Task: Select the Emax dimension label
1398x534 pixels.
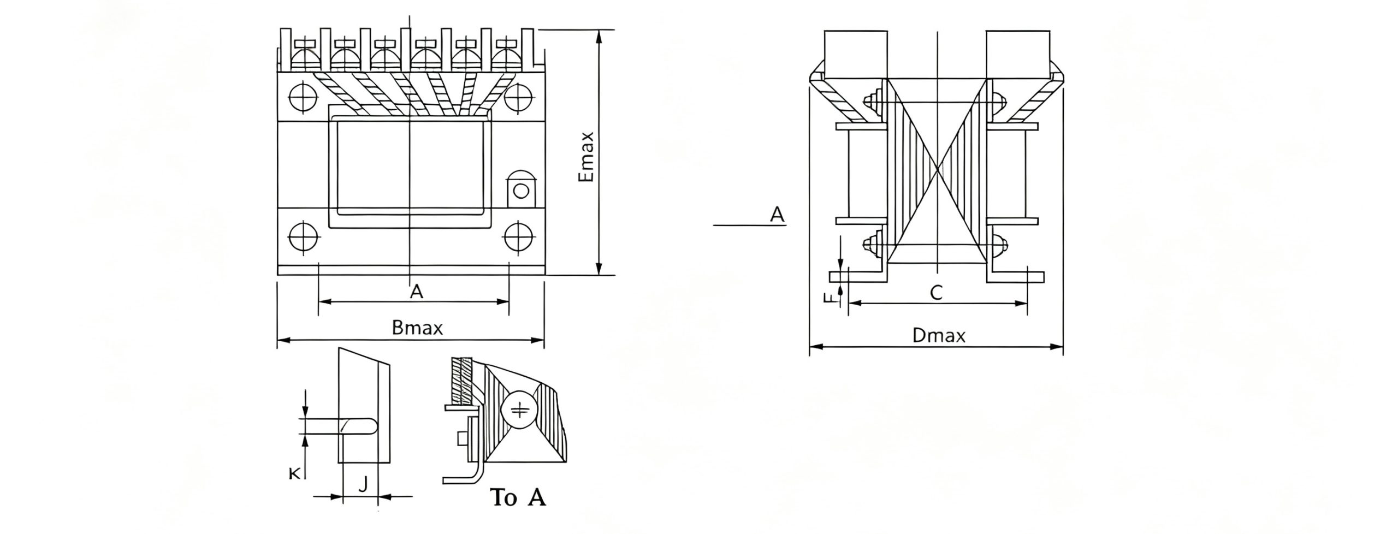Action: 586,157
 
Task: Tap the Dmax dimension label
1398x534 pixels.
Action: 939,335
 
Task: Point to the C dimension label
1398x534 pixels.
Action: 936,293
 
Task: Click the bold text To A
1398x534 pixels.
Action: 518,497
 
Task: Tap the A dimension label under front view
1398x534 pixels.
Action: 416,292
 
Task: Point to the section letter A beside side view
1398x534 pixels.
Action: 777,215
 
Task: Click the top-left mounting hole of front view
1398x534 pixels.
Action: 303,98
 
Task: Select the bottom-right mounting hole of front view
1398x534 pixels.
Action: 518,238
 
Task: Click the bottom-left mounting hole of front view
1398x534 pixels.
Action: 303,238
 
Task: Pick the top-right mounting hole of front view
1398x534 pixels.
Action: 518,98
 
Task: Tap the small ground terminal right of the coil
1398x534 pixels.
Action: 522,189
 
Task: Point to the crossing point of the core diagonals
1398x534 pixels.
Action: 938,170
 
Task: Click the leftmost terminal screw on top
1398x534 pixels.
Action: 304,55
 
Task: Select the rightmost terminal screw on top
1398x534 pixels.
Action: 506,55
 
